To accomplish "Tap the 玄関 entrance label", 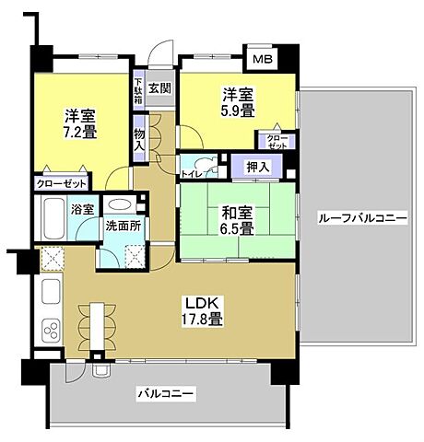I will [x=159, y=88].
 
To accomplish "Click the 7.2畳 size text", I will [x=80, y=132].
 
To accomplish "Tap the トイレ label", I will [x=192, y=172].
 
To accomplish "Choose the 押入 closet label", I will [x=259, y=167].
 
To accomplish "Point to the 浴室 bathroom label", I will [x=83, y=209].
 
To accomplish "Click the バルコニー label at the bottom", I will [x=166, y=393].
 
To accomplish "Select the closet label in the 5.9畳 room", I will [x=277, y=142].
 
